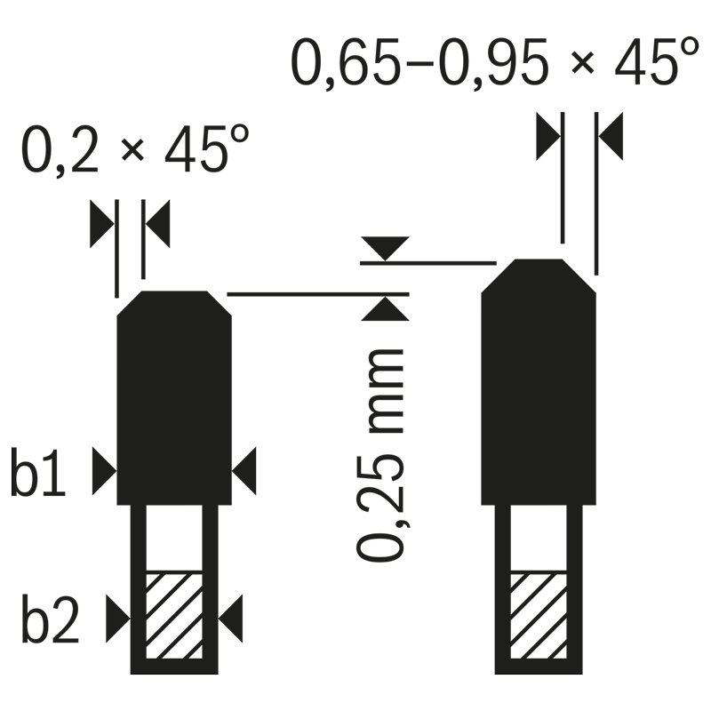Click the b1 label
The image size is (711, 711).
tap(38, 472)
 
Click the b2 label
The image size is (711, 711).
tap(51, 619)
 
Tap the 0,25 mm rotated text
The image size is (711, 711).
tap(380, 455)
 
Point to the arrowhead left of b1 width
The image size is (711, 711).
tap(104, 471)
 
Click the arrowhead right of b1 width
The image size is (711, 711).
tap(244, 471)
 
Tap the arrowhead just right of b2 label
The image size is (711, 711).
tap(118, 619)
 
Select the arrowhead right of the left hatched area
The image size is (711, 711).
tap(230, 619)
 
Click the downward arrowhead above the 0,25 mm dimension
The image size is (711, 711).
tap(386, 248)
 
